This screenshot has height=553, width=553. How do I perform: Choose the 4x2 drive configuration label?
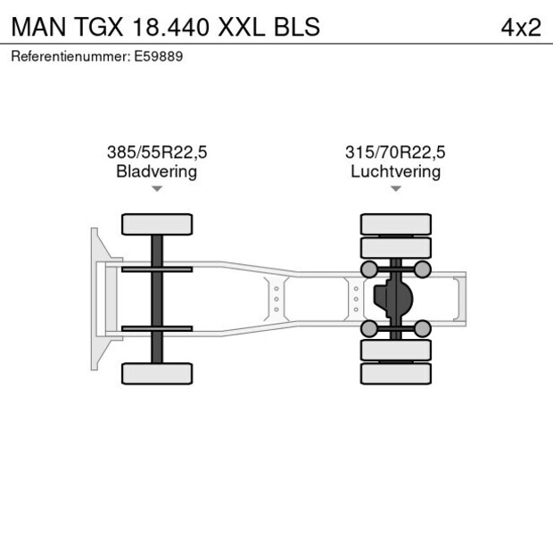[x=521, y=27]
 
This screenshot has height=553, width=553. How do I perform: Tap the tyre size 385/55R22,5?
[x=157, y=153]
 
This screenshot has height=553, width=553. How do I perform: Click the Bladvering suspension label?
[x=157, y=171]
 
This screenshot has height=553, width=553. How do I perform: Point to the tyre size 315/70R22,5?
[x=396, y=153]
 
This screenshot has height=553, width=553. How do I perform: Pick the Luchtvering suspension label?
[x=396, y=171]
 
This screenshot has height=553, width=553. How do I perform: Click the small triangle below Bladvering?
[x=157, y=189]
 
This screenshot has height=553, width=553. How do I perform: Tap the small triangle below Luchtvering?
[x=396, y=189]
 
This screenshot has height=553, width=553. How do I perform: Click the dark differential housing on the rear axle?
[x=392, y=299]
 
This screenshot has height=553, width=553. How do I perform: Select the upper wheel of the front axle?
[x=157, y=224]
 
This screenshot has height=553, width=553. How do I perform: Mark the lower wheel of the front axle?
[x=157, y=374]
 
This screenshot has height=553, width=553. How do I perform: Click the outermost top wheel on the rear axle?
[x=396, y=224]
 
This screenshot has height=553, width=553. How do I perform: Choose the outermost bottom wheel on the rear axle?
[x=396, y=374]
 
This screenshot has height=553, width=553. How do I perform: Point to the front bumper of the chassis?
[x=95, y=299]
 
